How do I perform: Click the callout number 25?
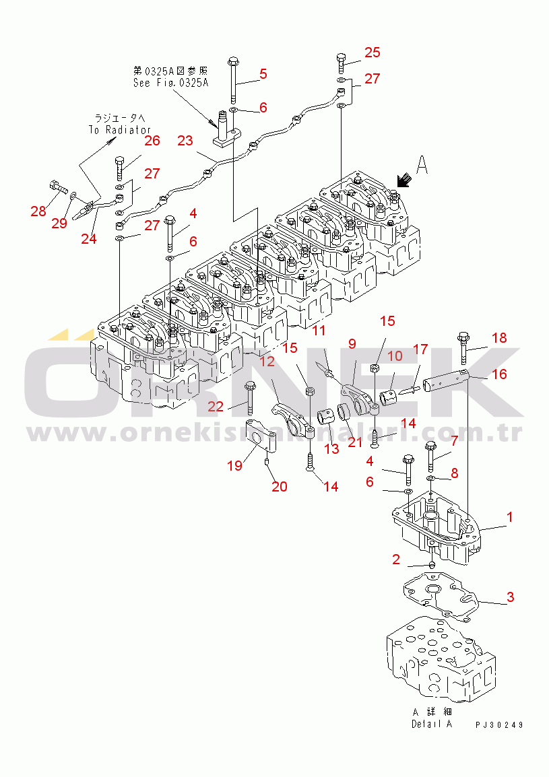(373, 53)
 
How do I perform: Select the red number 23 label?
(185, 141)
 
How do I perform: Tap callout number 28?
(38, 211)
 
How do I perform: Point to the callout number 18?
(499, 338)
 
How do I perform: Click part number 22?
(216, 406)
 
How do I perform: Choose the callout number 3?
(511, 597)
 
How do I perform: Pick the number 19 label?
(234, 465)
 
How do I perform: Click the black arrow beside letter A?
(404, 180)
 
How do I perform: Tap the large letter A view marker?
(422, 164)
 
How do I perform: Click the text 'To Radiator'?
(120, 129)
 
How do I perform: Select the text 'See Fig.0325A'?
(171, 83)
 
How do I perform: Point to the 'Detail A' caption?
(431, 724)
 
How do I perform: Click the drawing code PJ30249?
(499, 724)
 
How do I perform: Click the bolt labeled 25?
(341, 63)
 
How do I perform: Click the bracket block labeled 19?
(259, 437)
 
